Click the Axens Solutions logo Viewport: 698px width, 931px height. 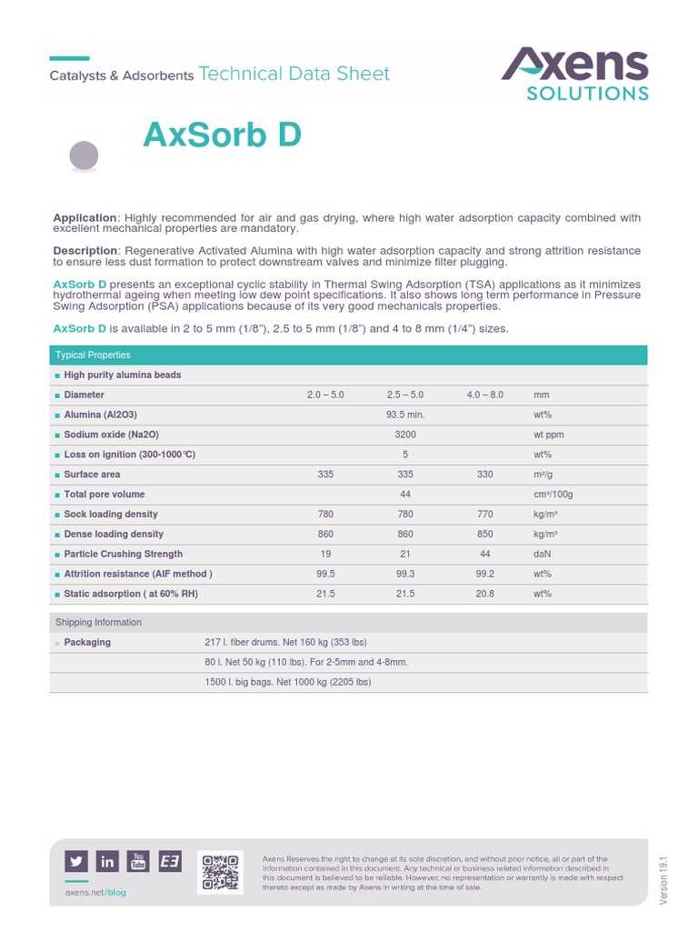click(575, 74)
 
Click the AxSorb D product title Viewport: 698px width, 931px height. click(222, 135)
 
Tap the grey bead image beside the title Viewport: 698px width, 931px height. click(85, 156)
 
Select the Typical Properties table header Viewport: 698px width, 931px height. click(94, 355)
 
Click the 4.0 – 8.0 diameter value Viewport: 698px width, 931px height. click(484, 395)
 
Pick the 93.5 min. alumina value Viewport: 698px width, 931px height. click(405, 415)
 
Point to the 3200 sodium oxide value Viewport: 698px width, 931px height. click(405, 435)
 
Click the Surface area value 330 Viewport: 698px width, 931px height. click(484, 475)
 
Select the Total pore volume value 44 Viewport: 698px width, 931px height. click(405, 494)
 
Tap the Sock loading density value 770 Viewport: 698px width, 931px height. click(484, 515)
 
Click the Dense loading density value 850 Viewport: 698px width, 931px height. click(484, 535)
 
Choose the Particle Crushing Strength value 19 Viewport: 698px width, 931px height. click(325, 554)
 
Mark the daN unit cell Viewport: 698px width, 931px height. click(543, 554)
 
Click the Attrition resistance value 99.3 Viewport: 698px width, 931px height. click(405, 574)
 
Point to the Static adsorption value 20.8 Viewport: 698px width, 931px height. click(484, 594)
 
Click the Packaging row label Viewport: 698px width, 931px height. click(87, 642)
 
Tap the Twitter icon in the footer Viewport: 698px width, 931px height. click(76, 862)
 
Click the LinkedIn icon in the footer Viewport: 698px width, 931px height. click(107, 862)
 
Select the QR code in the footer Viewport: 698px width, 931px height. click(220, 871)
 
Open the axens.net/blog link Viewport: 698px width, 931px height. click(95, 893)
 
